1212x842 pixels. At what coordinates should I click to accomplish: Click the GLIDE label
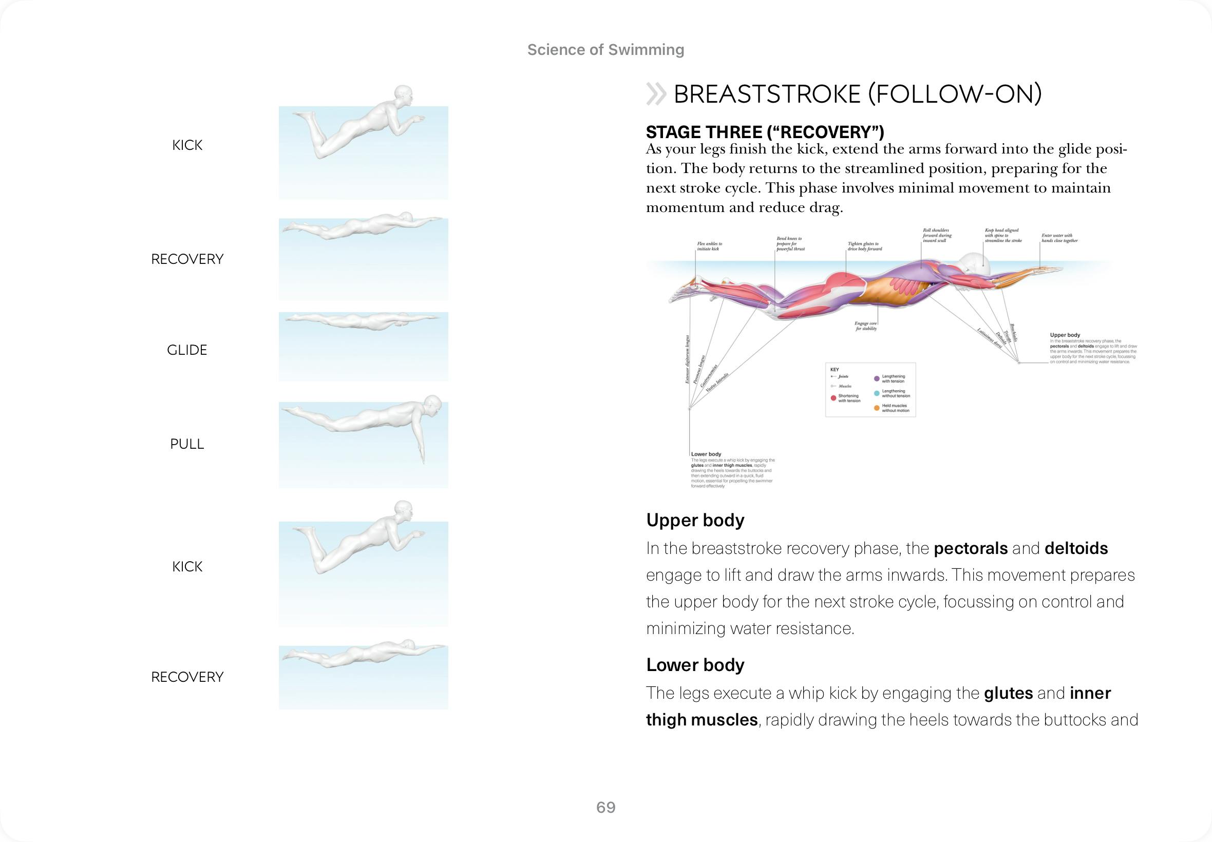point(187,350)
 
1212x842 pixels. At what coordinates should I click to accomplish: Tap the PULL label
point(187,444)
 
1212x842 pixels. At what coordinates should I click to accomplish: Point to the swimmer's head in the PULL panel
point(432,406)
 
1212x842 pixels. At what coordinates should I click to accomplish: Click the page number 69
point(605,807)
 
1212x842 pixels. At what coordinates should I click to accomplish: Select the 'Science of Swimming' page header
point(605,50)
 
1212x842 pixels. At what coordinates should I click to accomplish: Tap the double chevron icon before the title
point(656,94)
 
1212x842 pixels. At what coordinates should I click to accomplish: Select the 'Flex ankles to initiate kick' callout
point(709,246)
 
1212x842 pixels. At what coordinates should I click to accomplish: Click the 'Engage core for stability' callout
point(866,326)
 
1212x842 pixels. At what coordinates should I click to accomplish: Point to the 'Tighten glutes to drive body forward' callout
point(864,246)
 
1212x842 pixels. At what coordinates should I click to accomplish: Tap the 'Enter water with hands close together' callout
point(1059,238)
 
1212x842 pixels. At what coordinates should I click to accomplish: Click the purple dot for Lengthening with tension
point(877,379)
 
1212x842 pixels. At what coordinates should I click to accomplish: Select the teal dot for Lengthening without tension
point(877,394)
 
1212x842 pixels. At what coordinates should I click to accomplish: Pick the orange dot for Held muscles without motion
point(877,408)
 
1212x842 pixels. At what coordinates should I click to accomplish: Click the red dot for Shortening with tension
point(833,398)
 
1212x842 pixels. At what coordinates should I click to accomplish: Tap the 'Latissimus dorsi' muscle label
point(989,338)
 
